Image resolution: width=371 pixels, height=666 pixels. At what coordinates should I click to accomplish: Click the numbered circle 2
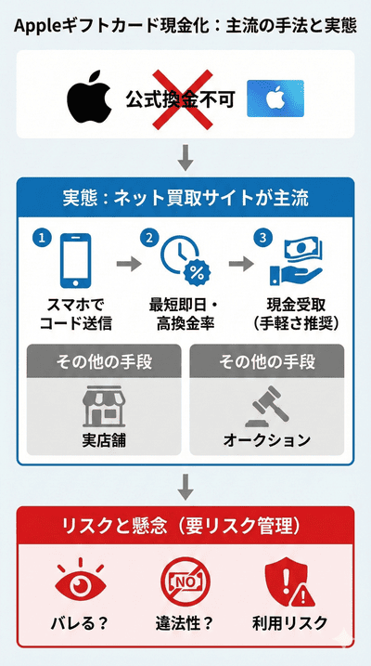pyautogui.click(x=147, y=237)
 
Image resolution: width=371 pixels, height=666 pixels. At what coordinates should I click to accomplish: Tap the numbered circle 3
pyautogui.click(x=264, y=238)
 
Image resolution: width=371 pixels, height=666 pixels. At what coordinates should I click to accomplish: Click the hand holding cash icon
pyautogui.click(x=294, y=263)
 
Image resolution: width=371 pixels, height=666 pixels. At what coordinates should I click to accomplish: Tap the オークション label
pyautogui.click(x=266, y=438)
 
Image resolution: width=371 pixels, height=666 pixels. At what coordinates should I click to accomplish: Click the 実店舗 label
pyautogui.click(x=103, y=438)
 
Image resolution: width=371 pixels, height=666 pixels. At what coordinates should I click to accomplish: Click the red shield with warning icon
pyautogui.click(x=289, y=581)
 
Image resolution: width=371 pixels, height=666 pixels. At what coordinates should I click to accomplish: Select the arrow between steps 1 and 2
pyautogui.click(x=126, y=263)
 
